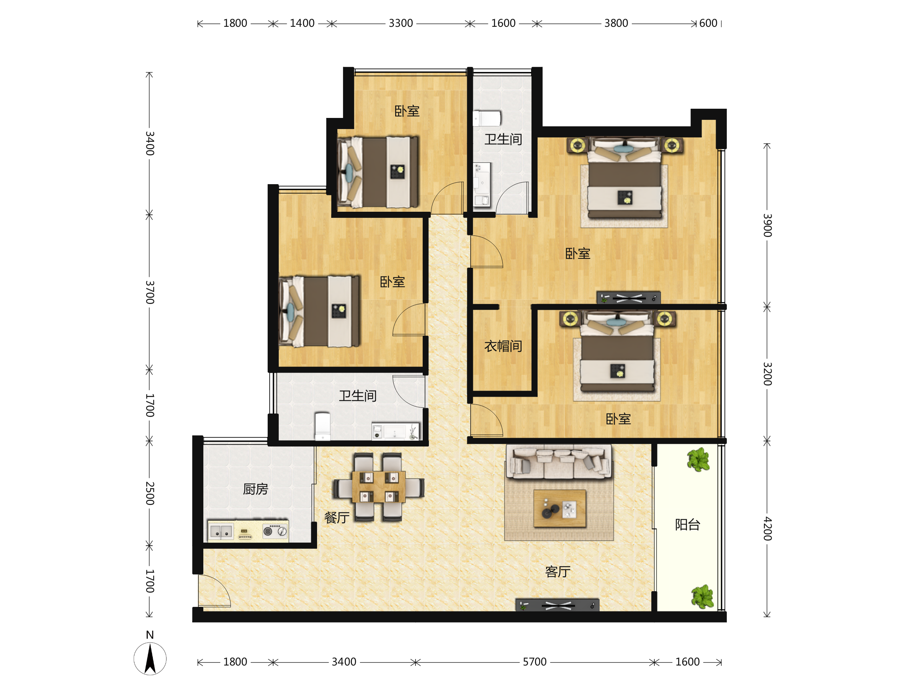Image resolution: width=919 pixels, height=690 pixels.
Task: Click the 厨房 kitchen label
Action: pos(255,489)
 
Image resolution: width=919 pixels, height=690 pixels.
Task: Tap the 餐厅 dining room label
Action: pos(337,518)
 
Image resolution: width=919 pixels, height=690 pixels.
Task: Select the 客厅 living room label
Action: pos(558,572)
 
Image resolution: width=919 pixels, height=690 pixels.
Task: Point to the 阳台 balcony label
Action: pos(688,525)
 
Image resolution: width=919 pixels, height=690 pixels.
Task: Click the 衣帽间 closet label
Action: pos(503,346)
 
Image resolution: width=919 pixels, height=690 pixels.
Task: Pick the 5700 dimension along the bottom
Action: pos(535,662)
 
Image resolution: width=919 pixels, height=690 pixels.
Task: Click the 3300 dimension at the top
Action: pos(401,23)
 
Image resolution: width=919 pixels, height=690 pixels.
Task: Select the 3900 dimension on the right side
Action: pos(767,226)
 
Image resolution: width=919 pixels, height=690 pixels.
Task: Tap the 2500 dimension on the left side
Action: pos(150,494)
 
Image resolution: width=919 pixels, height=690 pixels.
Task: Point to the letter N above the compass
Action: pos(150,635)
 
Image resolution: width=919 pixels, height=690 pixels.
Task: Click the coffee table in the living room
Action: pos(559,509)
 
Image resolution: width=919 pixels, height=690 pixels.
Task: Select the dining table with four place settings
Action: pos(378,487)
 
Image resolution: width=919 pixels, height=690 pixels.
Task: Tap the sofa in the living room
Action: pos(559,461)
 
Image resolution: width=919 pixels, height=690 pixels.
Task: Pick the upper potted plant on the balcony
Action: pos(698,459)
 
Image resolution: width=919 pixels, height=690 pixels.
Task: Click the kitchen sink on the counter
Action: pos(221,532)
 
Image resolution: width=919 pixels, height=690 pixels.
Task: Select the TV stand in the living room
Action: pos(557,605)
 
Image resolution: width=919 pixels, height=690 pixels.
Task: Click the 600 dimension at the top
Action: pos(708,23)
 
